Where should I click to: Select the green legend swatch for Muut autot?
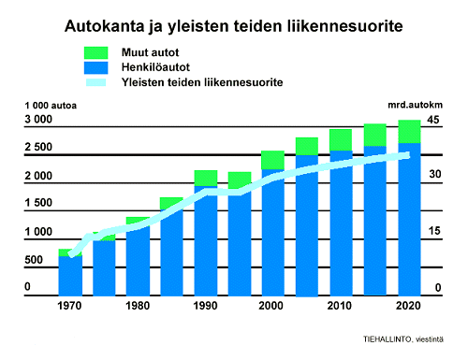(97, 52)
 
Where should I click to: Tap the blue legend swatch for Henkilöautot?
(97, 67)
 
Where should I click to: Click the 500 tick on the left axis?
(34, 259)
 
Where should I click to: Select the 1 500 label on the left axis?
(39, 204)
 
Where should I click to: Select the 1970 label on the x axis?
(70, 306)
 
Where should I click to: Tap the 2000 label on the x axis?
(272, 306)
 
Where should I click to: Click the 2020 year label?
(409, 306)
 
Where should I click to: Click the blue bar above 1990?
(206, 243)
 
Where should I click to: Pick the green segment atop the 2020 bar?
(409, 131)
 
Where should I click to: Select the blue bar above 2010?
(341, 224)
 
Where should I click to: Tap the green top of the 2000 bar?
(272, 160)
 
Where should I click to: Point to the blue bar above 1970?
(70, 275)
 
